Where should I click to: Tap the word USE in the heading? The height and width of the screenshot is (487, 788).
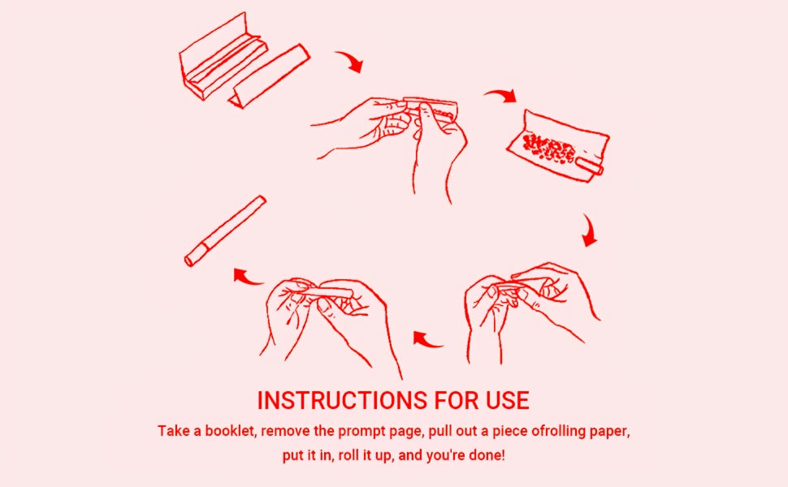508,401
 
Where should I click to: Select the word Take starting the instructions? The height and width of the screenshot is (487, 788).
173,431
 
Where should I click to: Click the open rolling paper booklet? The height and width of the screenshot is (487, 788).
221,58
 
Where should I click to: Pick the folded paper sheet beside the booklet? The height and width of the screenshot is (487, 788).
269,75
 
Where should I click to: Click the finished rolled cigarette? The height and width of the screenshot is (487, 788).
225,231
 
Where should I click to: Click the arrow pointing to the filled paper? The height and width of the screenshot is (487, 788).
500,96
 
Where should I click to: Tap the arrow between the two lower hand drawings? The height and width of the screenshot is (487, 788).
427,340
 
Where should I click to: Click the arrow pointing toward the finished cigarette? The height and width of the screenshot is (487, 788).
249,277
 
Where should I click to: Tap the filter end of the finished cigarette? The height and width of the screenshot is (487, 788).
194,255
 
